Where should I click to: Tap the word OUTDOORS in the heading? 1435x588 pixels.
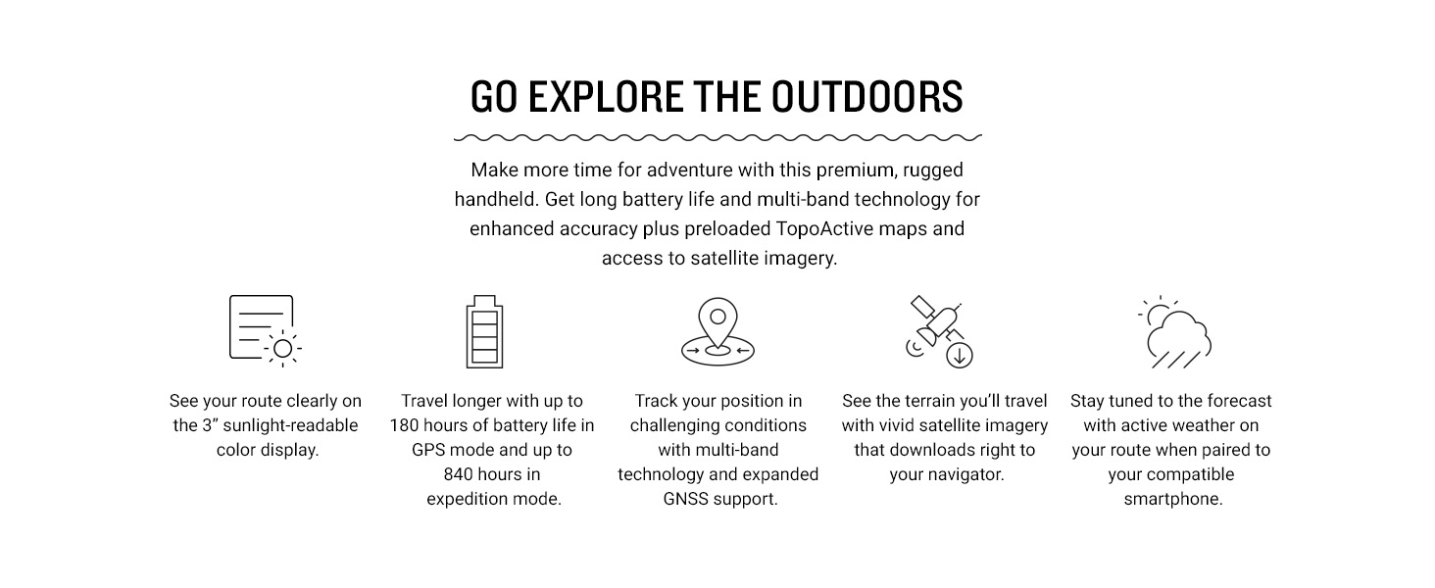[866, 97]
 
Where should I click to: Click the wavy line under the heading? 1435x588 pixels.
[717, 137]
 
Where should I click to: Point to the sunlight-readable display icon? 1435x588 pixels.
[266, 331]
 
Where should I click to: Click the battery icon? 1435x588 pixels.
[484, 332]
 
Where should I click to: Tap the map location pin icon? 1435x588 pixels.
[717, 331]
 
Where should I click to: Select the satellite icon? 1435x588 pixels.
[939, 331]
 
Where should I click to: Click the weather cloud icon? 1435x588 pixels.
[1175, 332]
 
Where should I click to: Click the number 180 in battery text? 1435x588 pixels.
[404, 425]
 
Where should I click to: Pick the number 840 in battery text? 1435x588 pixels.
[458, 474]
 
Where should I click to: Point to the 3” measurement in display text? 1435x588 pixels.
[210, 425]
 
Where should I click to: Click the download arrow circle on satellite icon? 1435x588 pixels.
[959, 355]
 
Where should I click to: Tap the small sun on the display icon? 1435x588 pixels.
[282, 349]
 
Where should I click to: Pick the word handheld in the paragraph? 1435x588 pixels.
[495, 199]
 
